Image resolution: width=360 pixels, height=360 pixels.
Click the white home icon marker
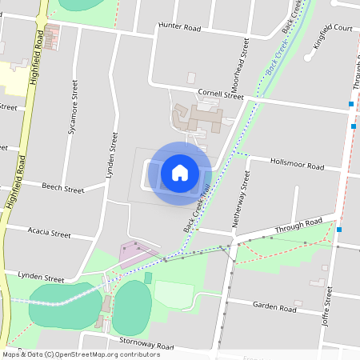coord(180,172)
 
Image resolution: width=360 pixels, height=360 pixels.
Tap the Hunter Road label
coord(179,26)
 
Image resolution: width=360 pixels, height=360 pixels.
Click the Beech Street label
coord(63,190)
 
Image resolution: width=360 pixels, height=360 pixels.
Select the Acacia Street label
coord(49,234)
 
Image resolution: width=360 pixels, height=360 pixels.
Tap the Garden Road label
coord(274,307)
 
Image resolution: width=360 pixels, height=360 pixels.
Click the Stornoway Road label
coord(146,346)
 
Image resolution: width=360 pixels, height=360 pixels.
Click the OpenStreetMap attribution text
coord(80,354)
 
